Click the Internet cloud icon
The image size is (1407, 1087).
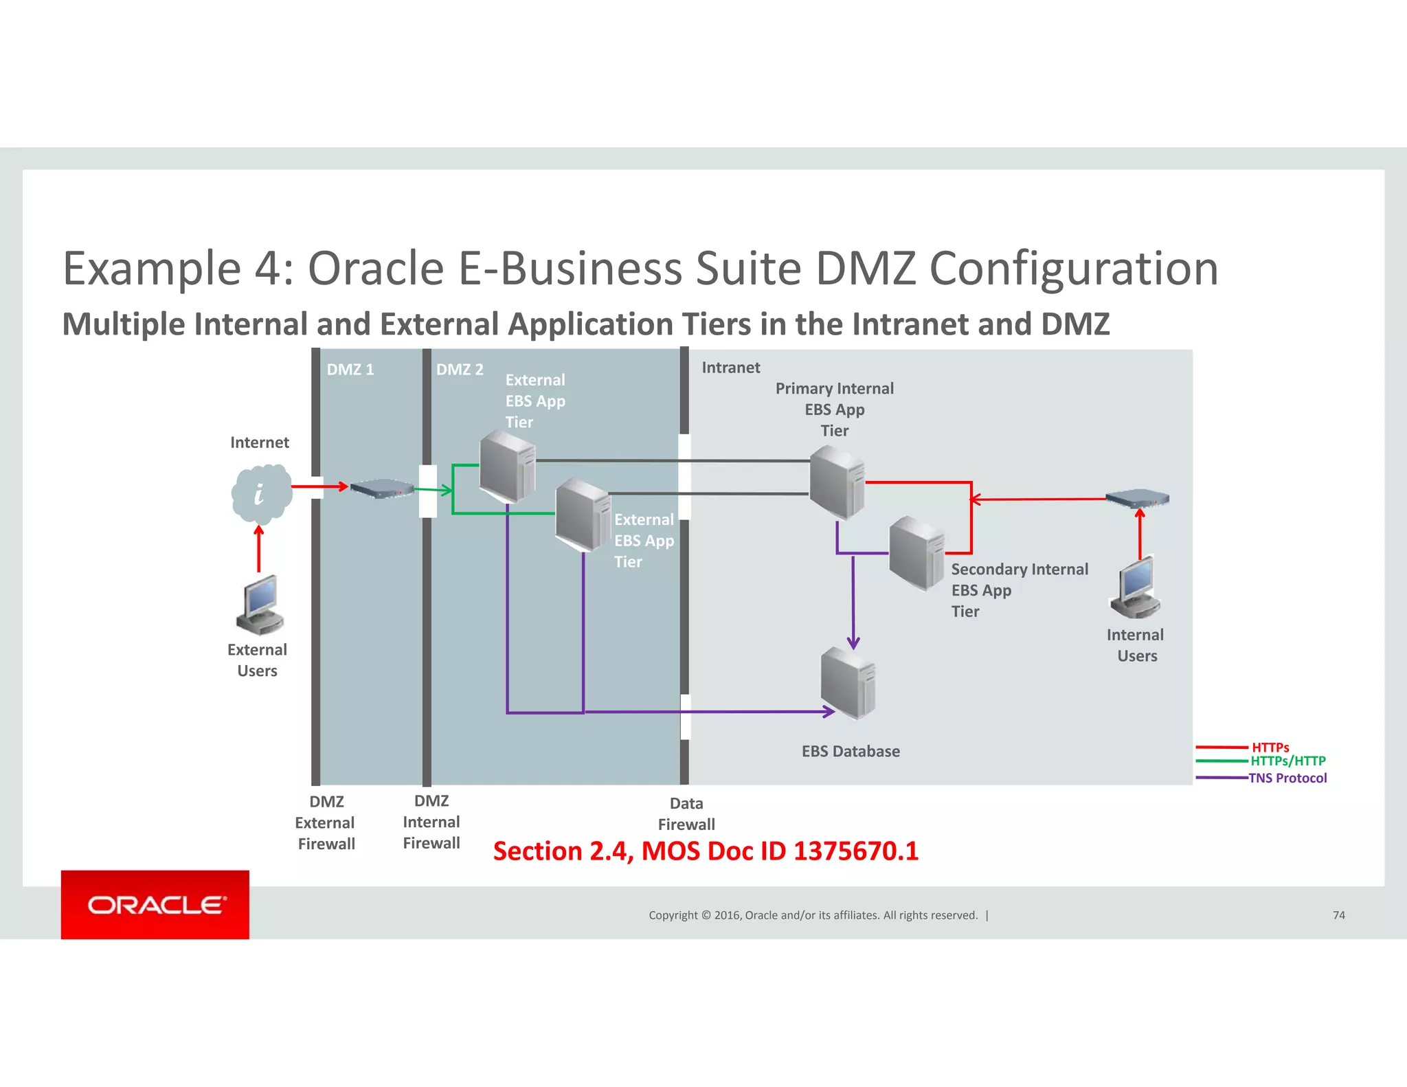coord(261,493)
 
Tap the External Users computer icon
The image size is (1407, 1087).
coord(260,605)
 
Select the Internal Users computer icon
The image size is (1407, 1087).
coord(1135,588)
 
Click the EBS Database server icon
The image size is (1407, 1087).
coord(848,683)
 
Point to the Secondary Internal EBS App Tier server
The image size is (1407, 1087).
coord(916,552)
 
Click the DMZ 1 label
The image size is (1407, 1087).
coord(350,370)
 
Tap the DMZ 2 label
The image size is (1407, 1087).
coord(460,370)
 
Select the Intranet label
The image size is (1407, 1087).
coord(730,368)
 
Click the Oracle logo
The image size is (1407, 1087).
coord(155,905)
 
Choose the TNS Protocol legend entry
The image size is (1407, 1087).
coord(1287,778)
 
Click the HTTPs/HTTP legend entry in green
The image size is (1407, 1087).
coord(1287,761)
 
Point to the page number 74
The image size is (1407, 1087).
coord(1338,915)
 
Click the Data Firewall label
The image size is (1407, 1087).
coord(686,814)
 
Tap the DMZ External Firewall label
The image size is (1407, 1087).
coord(326,822)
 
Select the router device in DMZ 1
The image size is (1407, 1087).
coord(382,489)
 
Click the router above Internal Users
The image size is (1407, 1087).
coord(1137,498)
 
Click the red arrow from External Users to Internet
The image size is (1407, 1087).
coord(259,550)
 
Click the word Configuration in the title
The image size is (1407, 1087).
coord(1073,268)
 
